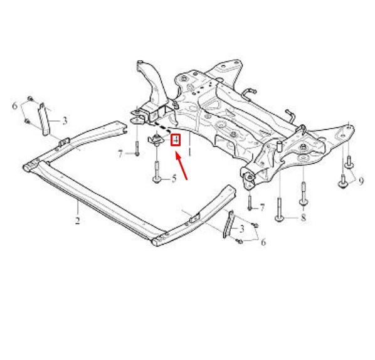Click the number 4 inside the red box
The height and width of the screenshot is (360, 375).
[x=176, y=140]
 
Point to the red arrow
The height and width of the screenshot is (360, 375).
[x=181, y=166]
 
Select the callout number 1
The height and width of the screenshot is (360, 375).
[x=189, y=152]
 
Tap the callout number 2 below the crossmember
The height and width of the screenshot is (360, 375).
[x=77, y=221]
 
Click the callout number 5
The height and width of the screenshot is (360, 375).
[x=174, y=179]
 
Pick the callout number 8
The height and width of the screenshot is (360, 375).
[x=304, y=218]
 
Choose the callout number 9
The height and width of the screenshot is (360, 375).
[x=361, y=181]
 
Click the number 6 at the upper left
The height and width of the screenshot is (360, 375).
[x=15, y=106]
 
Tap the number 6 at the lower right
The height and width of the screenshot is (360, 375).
[x=263, y=242]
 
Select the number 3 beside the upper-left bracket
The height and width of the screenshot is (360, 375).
[x=65, y=121]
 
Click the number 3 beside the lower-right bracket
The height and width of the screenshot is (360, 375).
[x=242, y=229]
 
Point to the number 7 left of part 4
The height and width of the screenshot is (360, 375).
[x=120, y=154]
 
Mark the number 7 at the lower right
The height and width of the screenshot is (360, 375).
[x=262, y=208]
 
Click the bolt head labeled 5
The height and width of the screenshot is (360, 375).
[x=156, y=179]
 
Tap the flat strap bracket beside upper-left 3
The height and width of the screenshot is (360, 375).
[x=45, y=119]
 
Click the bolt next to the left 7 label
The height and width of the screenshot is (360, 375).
[x=137, y=148]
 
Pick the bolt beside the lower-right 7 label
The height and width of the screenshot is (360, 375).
[x=250, y=203]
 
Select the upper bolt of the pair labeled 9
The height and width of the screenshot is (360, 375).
[x=349, y=162]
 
